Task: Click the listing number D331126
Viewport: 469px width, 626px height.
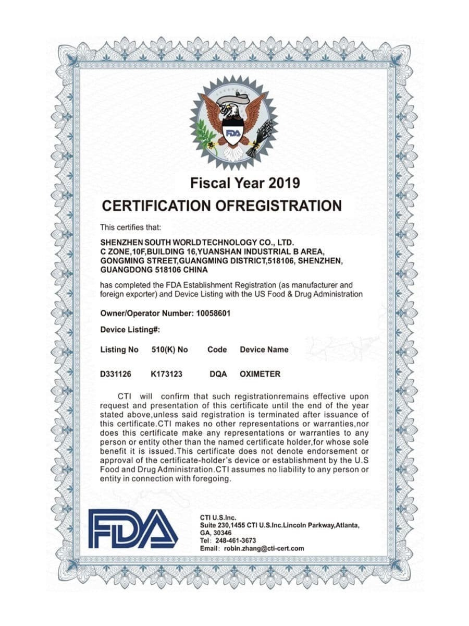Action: point(115,374)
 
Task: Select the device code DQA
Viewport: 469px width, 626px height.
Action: point(218,374)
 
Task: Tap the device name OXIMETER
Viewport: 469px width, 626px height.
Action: point(260,374)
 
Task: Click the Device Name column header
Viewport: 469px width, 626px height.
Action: point(264,350)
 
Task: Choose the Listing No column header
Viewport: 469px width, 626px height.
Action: point(119,350)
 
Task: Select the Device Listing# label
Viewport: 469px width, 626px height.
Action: point(130,330)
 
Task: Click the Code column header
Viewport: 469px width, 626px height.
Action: point(217,350)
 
